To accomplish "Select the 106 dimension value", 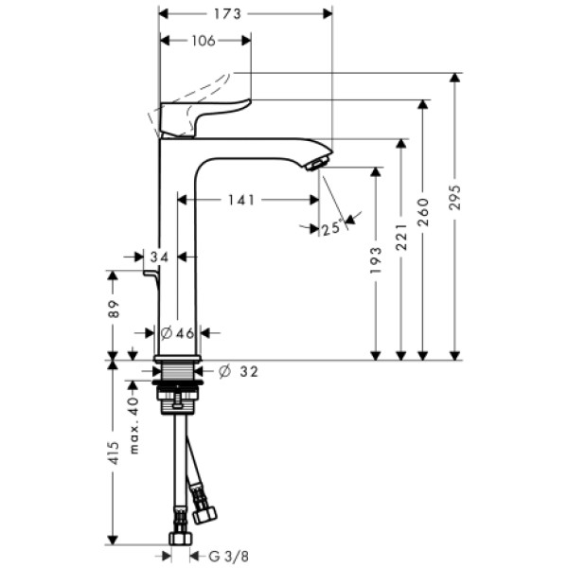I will pos(204,40).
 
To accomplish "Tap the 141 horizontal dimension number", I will pos(240,200).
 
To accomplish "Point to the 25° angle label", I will pos(330,228).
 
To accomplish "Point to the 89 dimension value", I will pos(113,309).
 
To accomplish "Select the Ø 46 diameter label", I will pos(178,333).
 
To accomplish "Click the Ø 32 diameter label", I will pos(238,371).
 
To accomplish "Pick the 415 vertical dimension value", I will pos(113,453).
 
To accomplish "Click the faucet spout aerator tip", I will pos(315,164).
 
